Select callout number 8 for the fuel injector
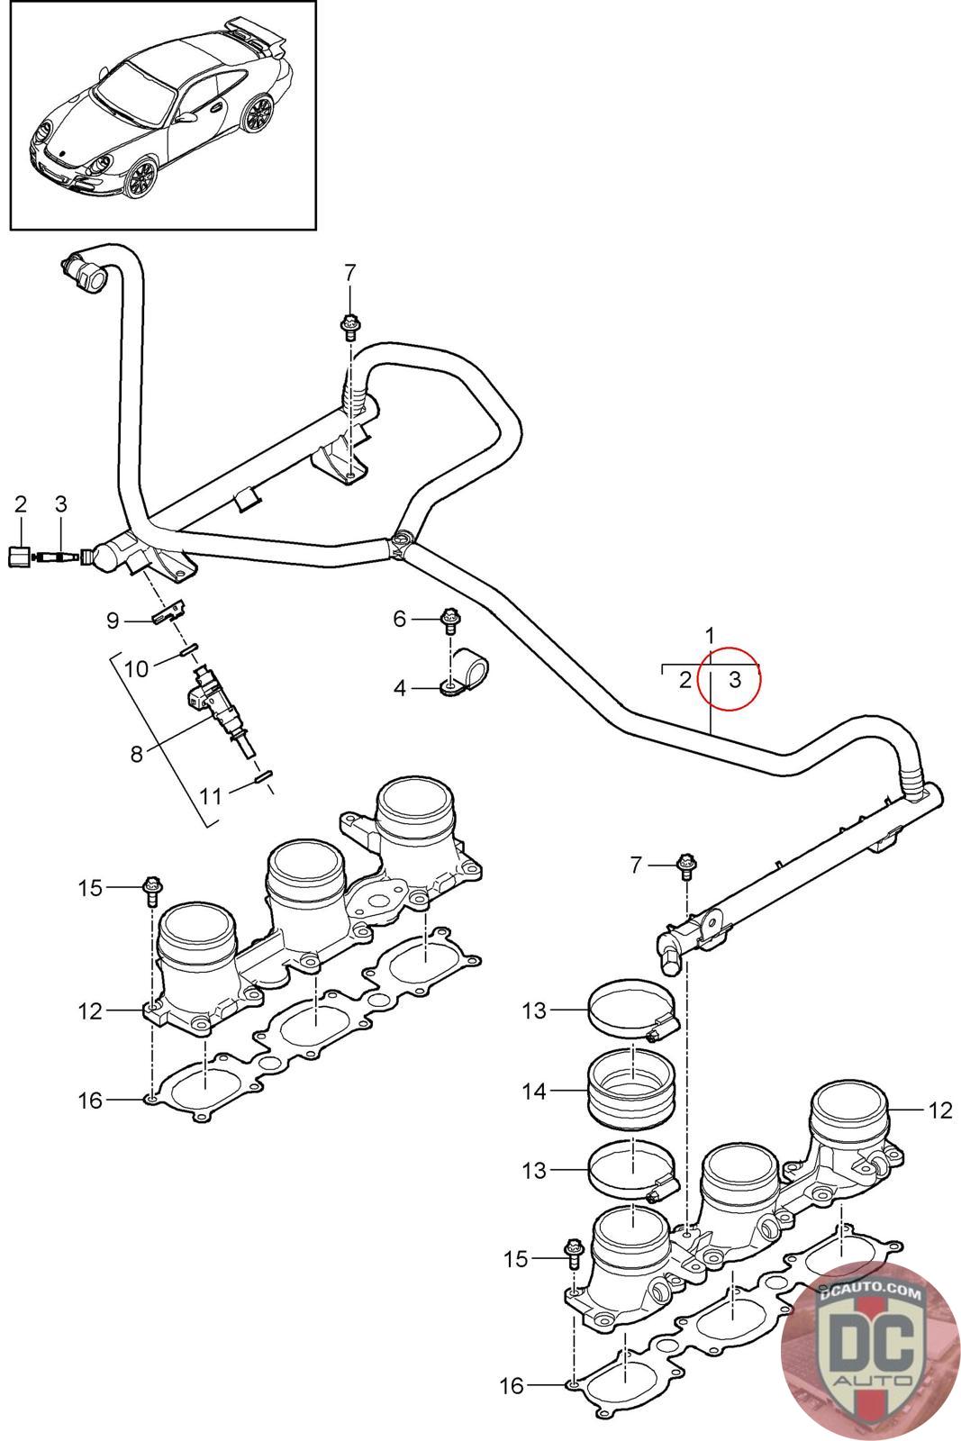[x=136, y=753]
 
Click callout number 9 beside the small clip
[x=113, y=621]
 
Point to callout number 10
[x=136, y=669]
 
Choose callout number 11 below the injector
[x=210, y=797]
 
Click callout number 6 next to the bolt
[x=400, y=619]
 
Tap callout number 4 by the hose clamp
[x=400, y=688]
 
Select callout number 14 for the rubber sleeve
[x=534, y=1091]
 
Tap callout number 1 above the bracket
[x=710, y=636]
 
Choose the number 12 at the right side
[x=940, y=1110]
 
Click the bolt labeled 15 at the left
[x=152, y=890]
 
